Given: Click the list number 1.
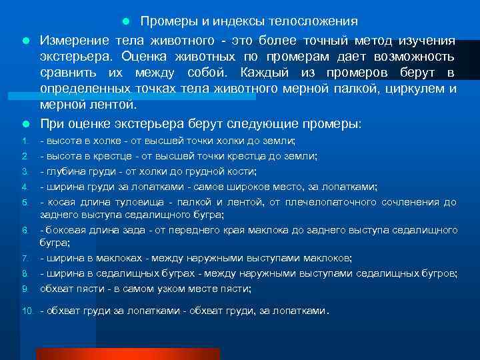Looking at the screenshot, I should (x=24, y=141).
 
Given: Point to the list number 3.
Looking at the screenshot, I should (x=24, y=171).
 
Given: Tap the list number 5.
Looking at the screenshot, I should (x=24, y=202).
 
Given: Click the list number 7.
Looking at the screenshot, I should (x=24, y=258).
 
